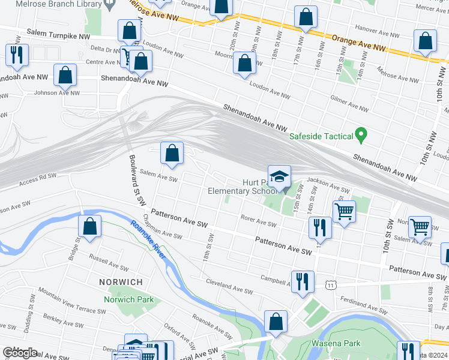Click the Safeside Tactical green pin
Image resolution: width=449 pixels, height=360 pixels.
click(x=361, y=136)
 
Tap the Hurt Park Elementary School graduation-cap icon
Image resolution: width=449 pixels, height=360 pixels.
click(x=279, y=176)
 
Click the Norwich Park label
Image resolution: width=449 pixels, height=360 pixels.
click(x=128, y=299)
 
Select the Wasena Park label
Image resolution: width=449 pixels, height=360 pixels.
click(x=336, y=343)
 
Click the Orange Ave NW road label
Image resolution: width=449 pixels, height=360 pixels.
click(x=359, y=43)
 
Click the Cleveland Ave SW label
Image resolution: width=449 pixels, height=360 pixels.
click(x=229, y=287)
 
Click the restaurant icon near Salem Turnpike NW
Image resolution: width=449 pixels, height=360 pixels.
click(x=15, y=54)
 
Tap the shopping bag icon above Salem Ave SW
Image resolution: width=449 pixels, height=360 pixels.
click(x=172, y=153)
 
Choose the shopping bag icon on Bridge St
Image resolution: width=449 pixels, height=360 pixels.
click(x=89, y=227)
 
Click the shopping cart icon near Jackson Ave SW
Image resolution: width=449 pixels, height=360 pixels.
click(x=344, y=211)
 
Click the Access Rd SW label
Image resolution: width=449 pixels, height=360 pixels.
click(x=38, y=179)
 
